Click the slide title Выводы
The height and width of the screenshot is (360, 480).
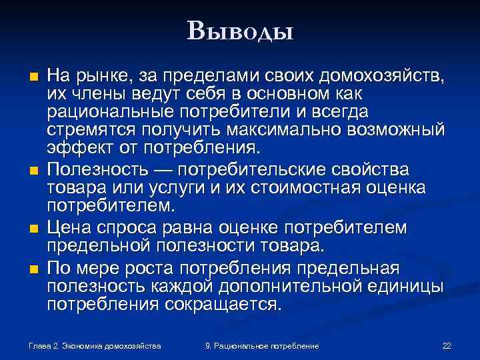tap(241, 30)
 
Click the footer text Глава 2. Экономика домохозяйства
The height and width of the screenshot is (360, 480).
tap(95, 346)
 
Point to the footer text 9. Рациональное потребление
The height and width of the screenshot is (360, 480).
tap(262, 346)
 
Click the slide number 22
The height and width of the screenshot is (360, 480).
tap(447, 346)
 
